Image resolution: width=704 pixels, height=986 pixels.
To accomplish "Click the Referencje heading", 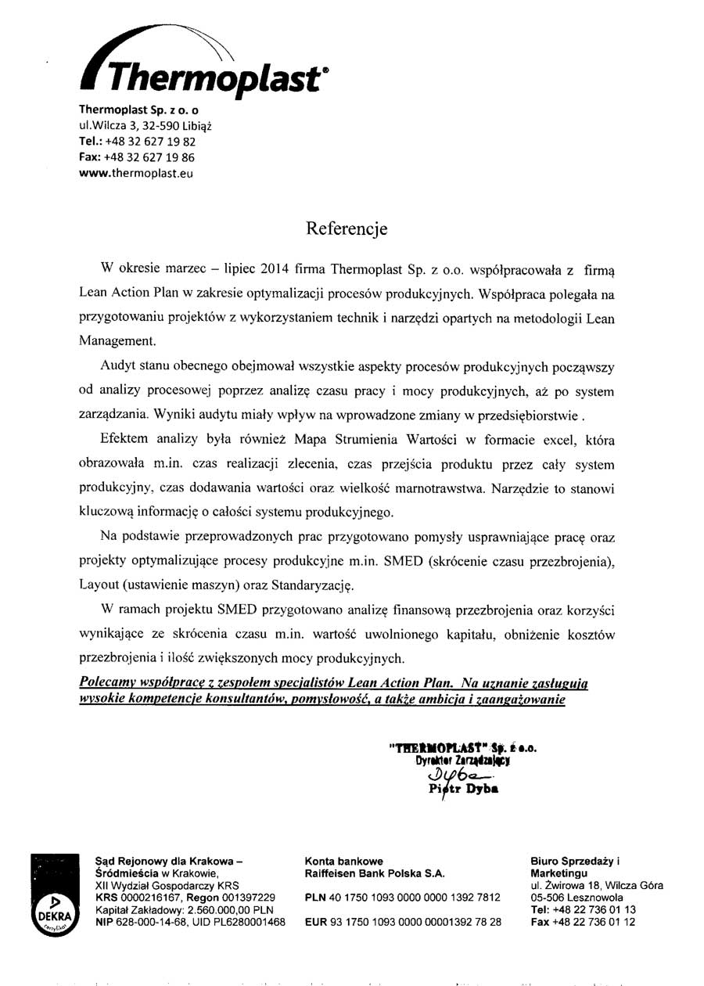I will click(347, 229).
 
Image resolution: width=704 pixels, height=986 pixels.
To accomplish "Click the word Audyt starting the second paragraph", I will click(117, 367).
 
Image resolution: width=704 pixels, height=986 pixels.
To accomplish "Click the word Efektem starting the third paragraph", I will click(124, 440).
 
